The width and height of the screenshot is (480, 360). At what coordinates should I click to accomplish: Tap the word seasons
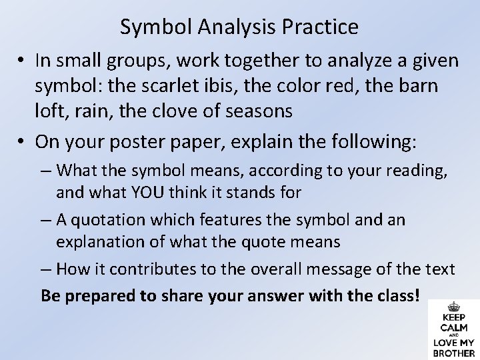tap(258, 111)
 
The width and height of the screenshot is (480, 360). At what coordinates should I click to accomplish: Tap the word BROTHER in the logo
tap(454, 353)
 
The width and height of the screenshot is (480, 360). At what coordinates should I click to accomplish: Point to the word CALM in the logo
tap(454, 327)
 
